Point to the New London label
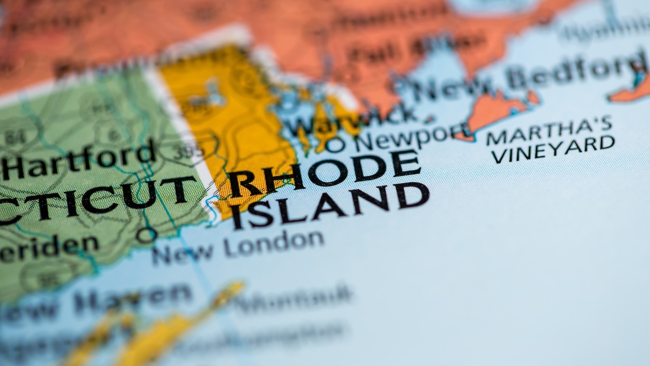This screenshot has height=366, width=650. [x=238, y=247]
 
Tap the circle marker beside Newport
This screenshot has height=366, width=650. [x=335, y=145]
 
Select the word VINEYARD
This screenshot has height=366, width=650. [x=552, y=149]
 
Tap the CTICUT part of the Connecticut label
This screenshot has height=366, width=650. [x=97, y=198]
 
